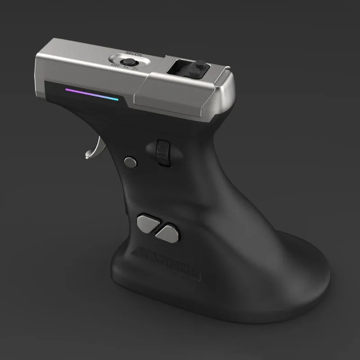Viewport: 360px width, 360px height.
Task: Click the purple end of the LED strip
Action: (68, 90)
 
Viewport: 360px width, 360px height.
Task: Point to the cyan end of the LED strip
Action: (116, 99)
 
